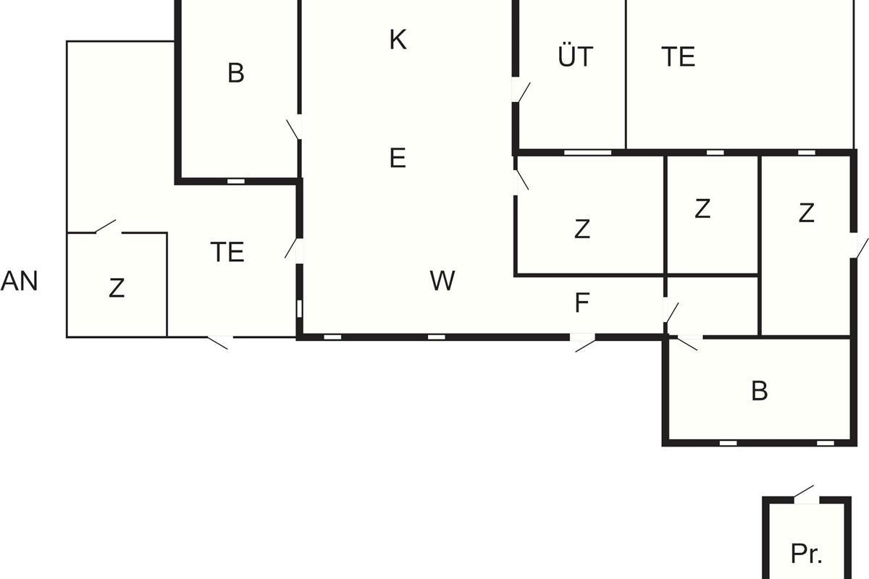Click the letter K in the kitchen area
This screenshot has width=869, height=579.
point(398,41)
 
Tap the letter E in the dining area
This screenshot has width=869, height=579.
point(398,158)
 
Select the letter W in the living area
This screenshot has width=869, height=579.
point(442,281)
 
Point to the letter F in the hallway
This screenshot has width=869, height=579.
point(582,304)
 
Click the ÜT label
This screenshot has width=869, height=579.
point(576,56)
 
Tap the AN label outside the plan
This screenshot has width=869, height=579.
point(20,281)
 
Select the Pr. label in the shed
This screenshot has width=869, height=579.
point(806,554)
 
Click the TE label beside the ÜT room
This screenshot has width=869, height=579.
point(679,56)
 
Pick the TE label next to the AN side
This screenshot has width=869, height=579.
point(227,253)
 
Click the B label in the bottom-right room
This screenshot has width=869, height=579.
point(759,392)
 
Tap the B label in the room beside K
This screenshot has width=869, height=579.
point(235,73)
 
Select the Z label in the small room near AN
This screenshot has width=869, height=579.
point(117,288)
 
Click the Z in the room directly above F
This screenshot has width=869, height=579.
point(582,229)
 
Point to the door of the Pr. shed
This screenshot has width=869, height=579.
point(805,493)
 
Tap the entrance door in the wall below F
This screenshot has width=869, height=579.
point(584,341)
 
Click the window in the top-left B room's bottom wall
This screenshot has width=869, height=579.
point(236,181)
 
